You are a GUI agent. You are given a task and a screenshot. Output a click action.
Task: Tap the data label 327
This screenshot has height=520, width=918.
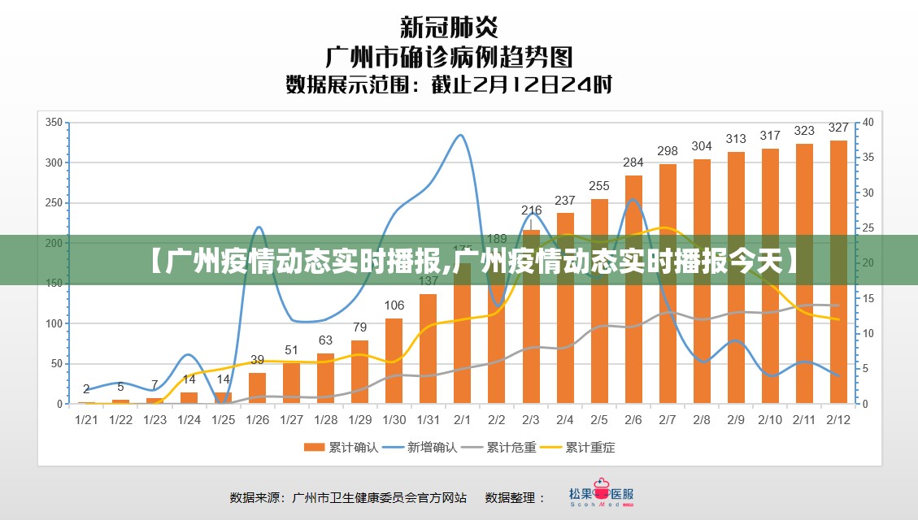[x=838, y=128]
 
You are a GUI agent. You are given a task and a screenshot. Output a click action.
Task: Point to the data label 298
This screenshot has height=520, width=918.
[x=668, y=151]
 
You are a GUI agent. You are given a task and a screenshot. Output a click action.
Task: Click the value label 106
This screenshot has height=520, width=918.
[x=394, y=305]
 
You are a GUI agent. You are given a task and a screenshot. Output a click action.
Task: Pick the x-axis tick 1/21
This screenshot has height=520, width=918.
[x=86, y=419]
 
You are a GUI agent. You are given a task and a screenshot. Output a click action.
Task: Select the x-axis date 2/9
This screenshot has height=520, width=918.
[x=736, y=419]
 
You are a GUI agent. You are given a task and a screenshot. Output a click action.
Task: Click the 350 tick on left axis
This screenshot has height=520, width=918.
[x=54, y=123]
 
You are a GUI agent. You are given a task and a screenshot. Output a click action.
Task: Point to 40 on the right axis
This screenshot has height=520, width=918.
[x=868, y=123]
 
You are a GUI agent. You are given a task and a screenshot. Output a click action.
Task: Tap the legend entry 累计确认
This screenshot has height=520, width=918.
[x=341, y=447]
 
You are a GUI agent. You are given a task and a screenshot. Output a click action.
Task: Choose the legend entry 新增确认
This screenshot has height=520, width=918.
[x=420, y=447]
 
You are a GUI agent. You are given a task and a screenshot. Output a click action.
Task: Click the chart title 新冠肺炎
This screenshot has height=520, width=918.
[x=449, y=27]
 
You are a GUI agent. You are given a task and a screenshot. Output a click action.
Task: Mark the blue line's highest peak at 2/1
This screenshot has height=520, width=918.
[x=461, y=135]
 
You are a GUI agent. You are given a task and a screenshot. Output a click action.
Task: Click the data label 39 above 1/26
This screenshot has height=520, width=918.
[x=257, y=359]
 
